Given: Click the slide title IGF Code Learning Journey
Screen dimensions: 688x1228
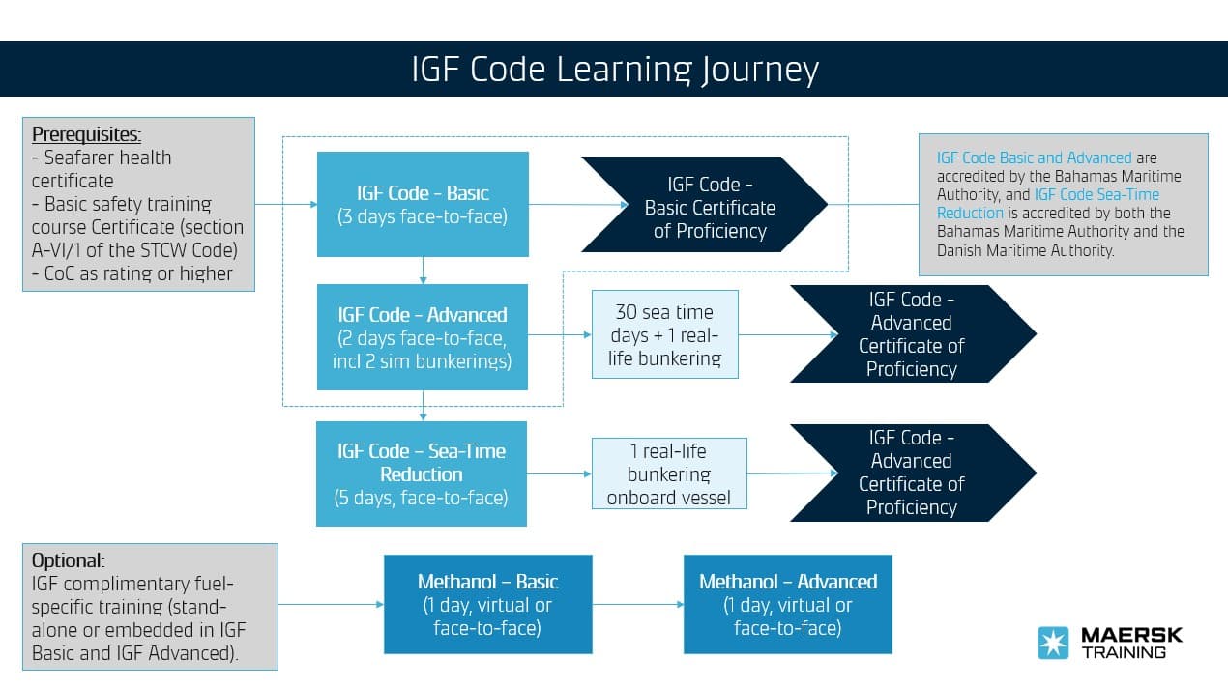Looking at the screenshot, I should point(614,70).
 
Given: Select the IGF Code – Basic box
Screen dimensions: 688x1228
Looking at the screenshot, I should point(423,204).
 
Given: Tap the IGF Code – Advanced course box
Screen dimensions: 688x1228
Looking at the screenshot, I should point(423,337).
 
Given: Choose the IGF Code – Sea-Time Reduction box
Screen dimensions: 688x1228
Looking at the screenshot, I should point(422,473).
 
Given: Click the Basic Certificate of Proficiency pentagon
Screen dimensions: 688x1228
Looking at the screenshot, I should point(705,208).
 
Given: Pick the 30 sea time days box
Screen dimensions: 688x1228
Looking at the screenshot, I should point(664,334).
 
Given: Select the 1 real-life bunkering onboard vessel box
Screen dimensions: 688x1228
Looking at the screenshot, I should point(668,474).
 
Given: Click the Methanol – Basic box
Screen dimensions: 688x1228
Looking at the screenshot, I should point(487,604).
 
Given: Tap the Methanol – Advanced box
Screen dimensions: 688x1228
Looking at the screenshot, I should point(787,604).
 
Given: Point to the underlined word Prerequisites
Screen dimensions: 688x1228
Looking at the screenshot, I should point(86,134).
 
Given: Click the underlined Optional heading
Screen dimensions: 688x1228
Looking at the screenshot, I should point(68,560).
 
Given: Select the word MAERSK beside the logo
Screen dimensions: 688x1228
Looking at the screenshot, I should point(1130,636).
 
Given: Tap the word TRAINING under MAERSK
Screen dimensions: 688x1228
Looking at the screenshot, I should point(1123,653).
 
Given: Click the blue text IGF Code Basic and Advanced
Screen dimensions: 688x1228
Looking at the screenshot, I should point(1034,158).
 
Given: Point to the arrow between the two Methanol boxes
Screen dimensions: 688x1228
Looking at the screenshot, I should point(638,605).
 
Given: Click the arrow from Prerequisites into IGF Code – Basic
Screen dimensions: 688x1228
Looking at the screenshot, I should point(286,204).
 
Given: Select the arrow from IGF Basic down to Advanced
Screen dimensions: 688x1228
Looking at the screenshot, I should point(423,271).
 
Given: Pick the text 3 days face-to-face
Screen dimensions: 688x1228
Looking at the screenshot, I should point(423,216).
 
